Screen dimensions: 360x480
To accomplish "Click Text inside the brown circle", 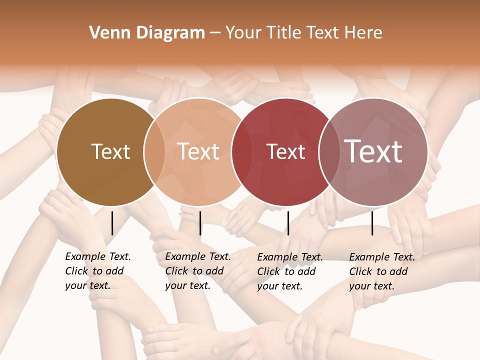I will point(110,151).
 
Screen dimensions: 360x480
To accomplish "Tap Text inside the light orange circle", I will point(198,151).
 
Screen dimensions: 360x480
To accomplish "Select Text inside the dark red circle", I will point(285,151).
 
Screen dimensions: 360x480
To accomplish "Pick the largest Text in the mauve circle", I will point(373,151).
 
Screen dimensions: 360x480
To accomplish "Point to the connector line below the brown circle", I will point(112,223).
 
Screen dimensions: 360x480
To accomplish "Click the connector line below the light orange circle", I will point(200,223).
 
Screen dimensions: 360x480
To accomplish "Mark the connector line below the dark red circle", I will point(288,223).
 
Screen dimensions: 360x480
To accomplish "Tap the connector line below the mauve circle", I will point(372,223).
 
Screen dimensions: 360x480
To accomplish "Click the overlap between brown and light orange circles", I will point(154,151).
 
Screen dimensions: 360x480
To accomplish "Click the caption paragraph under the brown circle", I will point(98,271).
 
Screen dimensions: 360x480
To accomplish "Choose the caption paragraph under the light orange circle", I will point(198,271).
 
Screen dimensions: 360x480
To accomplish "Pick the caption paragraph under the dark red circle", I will point(290,271).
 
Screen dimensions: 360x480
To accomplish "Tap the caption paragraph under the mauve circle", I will point(382,271).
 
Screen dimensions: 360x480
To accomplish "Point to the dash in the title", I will point(215,33).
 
